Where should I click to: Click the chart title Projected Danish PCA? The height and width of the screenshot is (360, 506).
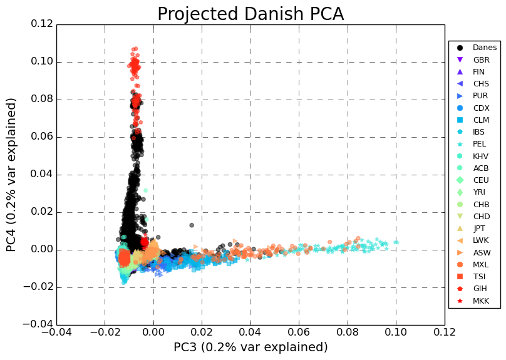point(250,14)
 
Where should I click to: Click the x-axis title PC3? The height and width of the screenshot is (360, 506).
point(250,347)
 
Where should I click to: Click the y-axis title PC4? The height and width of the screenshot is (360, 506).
point(12,175)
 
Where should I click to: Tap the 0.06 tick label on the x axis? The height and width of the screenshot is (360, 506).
point(299,333)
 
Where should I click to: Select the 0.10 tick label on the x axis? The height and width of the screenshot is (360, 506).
point(396,333)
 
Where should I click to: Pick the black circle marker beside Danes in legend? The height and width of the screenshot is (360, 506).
point(460,48)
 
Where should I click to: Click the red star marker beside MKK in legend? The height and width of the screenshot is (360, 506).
point(460,301)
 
